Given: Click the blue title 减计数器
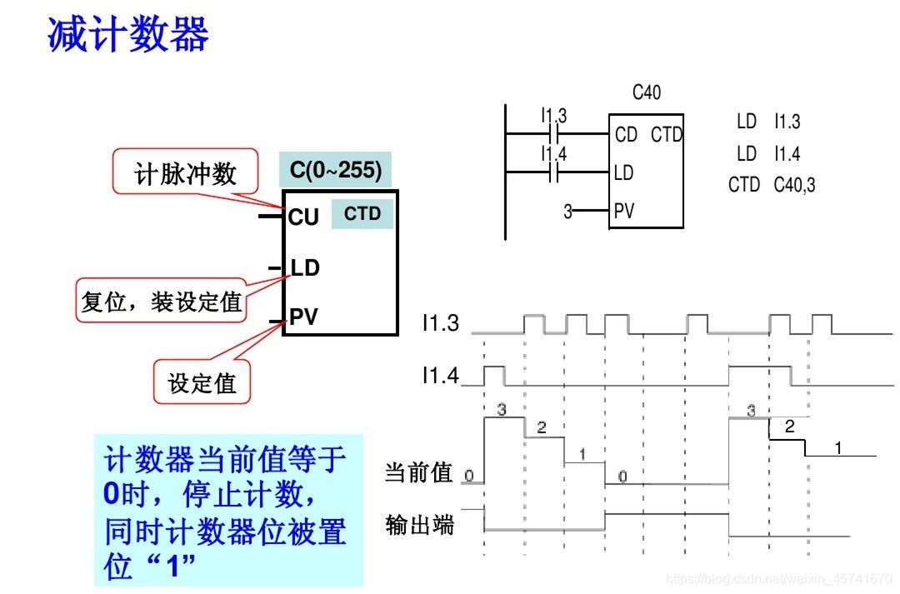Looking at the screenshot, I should click(127, 35).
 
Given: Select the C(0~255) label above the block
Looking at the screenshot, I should click(335, 171).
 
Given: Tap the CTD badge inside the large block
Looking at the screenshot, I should click(362, 214).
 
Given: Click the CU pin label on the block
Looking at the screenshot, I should click(303, 217).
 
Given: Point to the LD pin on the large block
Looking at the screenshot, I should click(304, 268).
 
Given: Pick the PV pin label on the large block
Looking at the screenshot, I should click(303, 317).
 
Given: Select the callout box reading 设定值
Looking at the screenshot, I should click(202, 383).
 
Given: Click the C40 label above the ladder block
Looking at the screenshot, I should click(646, 93).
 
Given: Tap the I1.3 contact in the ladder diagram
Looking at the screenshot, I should click(554, 132).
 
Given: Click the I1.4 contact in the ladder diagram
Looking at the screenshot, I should click(554, 172).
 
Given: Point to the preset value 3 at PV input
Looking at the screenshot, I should click(567, 212).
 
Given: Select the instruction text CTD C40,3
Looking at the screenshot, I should click(772, 185).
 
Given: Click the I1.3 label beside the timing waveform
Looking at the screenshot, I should click(440, 323).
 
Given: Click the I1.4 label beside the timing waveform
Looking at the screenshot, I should click(440, 376).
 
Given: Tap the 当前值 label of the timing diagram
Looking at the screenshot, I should click(418, 472).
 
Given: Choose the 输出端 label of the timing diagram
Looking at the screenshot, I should click(419, 525).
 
